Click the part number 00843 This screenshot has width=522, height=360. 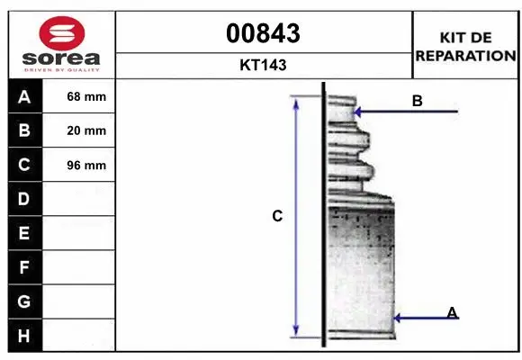[x=264, y=34]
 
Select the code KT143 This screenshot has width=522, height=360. [x=264, y=65]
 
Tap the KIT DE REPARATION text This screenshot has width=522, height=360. [x=465, y=46]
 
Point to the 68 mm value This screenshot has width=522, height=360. [x=86, y=96]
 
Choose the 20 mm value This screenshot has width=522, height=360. [x=86, y=130]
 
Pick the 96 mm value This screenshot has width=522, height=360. [x=86, y=165]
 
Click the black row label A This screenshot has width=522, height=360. [x=24, y=96]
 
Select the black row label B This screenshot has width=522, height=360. [x=24, y=130]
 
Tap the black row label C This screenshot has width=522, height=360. [x=24, y=165]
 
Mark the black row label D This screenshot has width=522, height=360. [x=24, y=199]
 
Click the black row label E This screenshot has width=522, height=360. [x=24, y=233]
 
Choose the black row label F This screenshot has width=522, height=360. [x=24, y=267]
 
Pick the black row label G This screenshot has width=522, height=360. [x=24, y=301]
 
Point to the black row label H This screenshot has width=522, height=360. [x=24, y=336]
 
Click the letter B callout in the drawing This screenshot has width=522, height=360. [x=417, y=101]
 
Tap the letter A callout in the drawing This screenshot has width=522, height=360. [x=452, y=312]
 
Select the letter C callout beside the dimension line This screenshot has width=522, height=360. [x=277, y=216]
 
